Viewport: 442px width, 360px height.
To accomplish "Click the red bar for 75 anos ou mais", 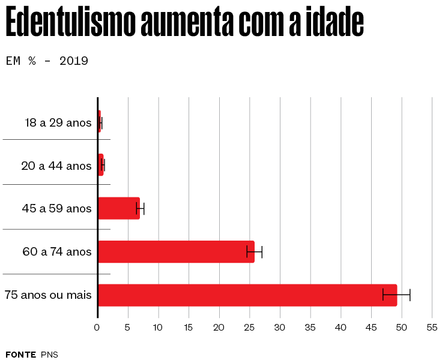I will coord(247,295).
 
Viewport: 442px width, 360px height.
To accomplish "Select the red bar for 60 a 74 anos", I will coord(176,251).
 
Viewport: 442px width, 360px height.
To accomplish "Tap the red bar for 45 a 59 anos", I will coord(119,208).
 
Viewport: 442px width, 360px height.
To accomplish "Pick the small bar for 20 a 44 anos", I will coord(101,165).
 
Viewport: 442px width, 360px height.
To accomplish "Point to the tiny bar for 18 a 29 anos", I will coord(99,122).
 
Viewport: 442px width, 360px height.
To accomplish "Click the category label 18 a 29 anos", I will coord(58,123).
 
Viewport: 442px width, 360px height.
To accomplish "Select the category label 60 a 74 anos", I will coord(57,252).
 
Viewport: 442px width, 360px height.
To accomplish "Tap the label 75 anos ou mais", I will coord(48,295).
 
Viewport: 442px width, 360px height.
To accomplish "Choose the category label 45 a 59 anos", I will coord(57,209).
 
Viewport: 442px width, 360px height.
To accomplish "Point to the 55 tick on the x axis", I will coord(432,328).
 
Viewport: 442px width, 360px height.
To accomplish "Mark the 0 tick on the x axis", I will coord(97,328).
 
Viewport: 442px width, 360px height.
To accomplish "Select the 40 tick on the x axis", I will coord(341,328).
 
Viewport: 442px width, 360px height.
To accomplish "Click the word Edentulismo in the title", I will coord(70,24).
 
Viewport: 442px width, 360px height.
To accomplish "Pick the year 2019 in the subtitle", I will coord(74,61).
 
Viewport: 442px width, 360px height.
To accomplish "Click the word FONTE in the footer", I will coord(20,354).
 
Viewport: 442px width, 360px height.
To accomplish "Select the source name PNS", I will coord(49,354).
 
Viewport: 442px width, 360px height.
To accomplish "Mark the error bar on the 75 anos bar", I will coord(396,295).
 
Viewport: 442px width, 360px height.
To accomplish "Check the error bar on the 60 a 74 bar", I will coord(255,251).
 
